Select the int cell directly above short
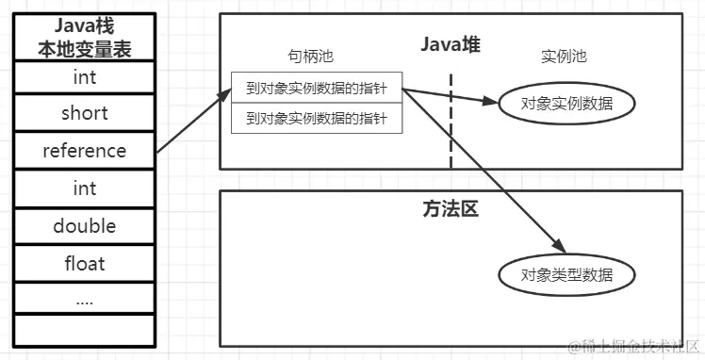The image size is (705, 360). pyautogui.click(x=84, y=76)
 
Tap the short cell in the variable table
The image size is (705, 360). pyautogui.click(x=84, y=113)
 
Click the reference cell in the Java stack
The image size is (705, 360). pyautogui.click(x=84, y=151)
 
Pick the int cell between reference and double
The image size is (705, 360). pyautogui.click(x=84, y=188)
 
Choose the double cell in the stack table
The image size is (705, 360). pyautogui.click(x=84, y=226)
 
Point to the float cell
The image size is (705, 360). pyautogui.click(x=84, y=264)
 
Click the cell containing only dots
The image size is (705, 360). pyautogui.click(x=84, y=300)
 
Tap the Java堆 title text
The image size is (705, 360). pyautogui.click(x=451, y=43)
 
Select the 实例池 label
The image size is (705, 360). pyautogui.click(x=564, y=57)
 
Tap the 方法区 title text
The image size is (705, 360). pyautogui.click(x=451, y=209)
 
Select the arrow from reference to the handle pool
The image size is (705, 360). pyautogui.click(x=193, y=121)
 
